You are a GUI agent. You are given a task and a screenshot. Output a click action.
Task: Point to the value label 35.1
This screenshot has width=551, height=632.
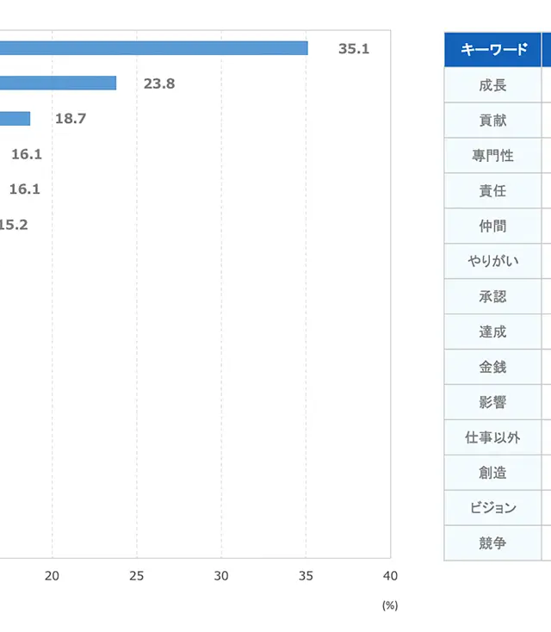pos(353,49)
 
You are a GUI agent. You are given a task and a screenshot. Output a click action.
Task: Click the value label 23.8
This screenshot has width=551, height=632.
pos(159,84)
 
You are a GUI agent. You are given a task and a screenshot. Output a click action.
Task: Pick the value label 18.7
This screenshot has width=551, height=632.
pos(71,119)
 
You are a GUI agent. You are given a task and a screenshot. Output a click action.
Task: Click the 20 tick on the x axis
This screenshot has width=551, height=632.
pos(53,575)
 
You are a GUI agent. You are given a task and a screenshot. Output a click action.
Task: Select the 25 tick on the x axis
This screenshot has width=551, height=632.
pos(137,575)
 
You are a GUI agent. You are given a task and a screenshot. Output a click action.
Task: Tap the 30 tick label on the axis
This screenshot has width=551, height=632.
pos(221,575)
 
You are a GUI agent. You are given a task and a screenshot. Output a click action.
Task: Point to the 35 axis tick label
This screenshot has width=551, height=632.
pos(306,575)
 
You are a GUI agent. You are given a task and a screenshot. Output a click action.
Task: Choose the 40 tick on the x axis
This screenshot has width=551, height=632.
pos(390,575)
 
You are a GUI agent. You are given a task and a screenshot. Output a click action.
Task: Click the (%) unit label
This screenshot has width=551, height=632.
pos(390,605)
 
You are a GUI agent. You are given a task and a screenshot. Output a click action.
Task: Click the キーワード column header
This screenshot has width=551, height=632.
pos(493,49)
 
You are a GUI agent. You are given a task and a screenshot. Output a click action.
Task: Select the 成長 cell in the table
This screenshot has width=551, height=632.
pos(493,85)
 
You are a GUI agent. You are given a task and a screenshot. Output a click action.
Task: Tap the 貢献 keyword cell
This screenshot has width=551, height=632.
pos(493,121)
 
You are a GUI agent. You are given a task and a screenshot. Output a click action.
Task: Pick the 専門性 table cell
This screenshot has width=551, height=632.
pos(493,156)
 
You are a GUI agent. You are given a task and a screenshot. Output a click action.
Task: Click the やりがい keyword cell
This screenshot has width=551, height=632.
pos(493,261)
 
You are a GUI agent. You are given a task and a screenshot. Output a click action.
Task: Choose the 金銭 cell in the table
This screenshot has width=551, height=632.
pos(493,367)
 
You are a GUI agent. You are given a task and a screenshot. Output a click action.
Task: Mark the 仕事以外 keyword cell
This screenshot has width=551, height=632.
pos(493,437)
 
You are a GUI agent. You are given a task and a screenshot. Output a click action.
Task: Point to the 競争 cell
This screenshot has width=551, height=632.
pos(493,543)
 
